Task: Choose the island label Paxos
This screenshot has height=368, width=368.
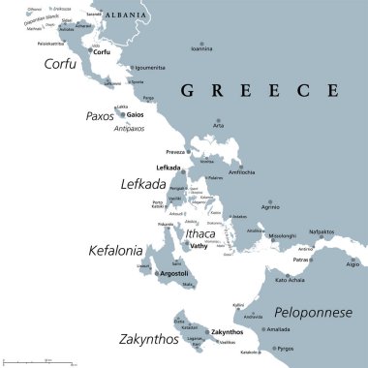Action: point(99,116)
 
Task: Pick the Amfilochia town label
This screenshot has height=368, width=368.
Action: point(241,170)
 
